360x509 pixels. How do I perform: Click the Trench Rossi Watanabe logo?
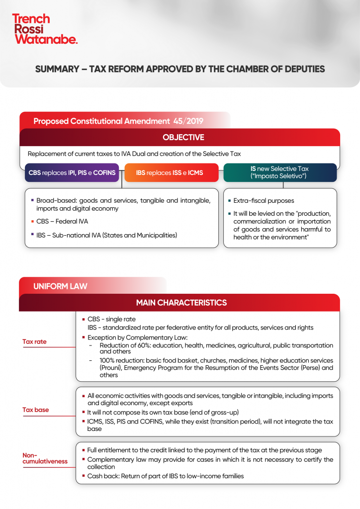[45, 29]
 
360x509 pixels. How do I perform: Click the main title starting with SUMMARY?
[180, 69]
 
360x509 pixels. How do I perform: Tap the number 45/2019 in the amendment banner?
[188, 121]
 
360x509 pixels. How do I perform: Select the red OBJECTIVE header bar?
[180, 137]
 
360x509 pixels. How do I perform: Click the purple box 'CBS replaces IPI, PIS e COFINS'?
[72, 173]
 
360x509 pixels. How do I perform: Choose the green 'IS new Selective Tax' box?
[280, 172]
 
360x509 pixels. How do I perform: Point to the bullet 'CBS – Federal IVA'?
[62, 222]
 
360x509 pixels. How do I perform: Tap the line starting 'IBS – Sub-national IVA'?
[106, 235]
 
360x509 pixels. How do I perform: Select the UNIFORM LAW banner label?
[60, 286]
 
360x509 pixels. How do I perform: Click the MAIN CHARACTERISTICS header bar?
[181, 303]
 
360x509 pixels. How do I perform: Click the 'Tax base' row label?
[35, 410]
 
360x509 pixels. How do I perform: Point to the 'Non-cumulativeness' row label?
[45, 458]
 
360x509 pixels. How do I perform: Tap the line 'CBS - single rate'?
[111, 319]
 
